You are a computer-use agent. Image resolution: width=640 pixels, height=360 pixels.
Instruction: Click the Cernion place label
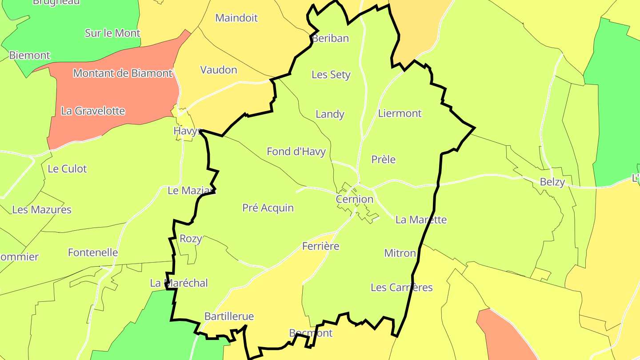pos(355,199)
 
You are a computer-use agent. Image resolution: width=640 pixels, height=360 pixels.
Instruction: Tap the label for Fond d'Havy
pos(296,152)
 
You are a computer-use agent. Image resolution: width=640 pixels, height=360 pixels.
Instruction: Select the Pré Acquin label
pos(268,208)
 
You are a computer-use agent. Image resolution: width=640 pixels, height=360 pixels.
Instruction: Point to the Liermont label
pos(400,113)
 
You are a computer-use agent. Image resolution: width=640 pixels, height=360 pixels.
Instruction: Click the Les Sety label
pos(331,75)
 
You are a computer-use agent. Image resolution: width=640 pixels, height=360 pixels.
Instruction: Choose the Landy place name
pos(330,114)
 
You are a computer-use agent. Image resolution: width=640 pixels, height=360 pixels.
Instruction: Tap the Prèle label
pos(383,160)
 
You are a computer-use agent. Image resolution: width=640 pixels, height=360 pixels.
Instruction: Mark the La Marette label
pos(421,220)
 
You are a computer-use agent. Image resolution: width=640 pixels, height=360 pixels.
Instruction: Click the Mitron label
pos(400,253)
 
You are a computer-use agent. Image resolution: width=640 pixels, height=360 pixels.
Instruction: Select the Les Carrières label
pos(401,288)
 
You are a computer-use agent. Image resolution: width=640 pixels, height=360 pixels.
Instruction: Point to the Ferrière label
pos(320,246)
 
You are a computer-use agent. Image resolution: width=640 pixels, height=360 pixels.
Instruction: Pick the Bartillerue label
pos(229,316)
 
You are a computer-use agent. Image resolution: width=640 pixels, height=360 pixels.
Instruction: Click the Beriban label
pos(330,38)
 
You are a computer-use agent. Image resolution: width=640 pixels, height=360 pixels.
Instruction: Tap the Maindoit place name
pos(236,18)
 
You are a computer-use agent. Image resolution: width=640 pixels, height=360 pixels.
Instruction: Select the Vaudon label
pos(219,70)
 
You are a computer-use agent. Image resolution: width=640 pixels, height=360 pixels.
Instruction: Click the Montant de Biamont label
pos(123,73)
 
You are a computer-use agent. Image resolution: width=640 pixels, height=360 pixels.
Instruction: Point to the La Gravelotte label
pos(93,111)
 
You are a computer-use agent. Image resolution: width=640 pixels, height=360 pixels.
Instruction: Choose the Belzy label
pos(552,182)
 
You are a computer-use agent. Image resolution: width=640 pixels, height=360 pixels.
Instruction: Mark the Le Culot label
pos(67,169)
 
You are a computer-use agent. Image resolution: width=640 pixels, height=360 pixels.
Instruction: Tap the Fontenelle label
pos(93,252)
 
